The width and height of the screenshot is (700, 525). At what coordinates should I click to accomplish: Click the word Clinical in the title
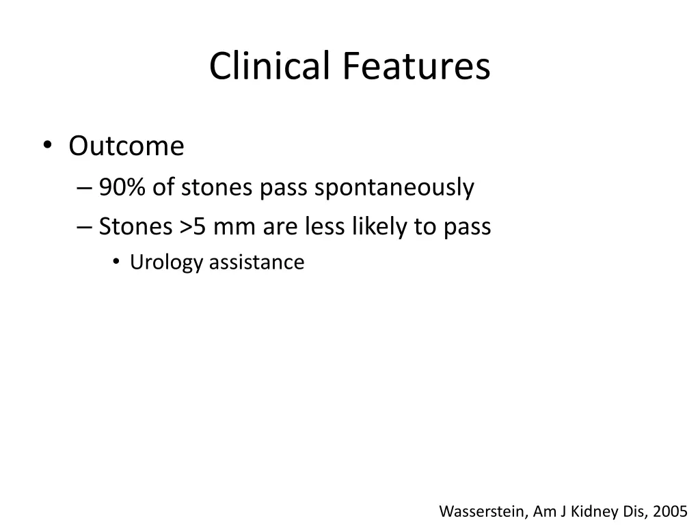[270, 67]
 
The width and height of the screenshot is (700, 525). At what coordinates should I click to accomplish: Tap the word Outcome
[126, 146]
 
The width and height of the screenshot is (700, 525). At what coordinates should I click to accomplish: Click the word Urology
[167, 262]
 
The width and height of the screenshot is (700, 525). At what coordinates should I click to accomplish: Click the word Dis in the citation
[632, 511]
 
